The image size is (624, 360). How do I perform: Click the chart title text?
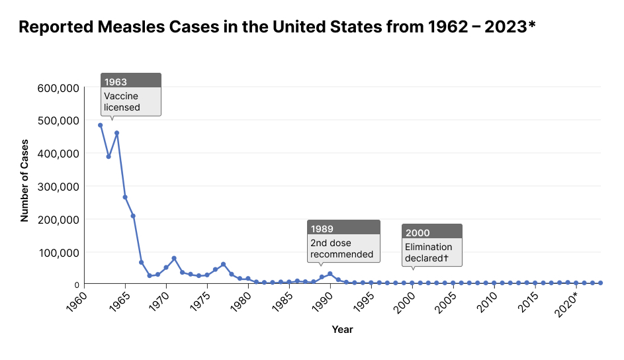point(277,27)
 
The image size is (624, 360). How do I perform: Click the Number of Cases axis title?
point(24,179)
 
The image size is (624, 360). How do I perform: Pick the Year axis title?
point(342,329)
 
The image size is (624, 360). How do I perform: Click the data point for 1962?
point(101,125)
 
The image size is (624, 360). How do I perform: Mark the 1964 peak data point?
point(116,133)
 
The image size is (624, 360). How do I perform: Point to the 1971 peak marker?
point(174,258)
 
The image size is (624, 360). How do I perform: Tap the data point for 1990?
point(330,274)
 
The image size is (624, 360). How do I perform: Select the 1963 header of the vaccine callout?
point(116,82)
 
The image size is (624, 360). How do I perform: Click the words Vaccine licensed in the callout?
point(122,101)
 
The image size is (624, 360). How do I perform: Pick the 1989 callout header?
point(322,229)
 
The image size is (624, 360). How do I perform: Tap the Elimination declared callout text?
point(429,252)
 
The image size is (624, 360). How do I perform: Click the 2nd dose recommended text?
point(341,248)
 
